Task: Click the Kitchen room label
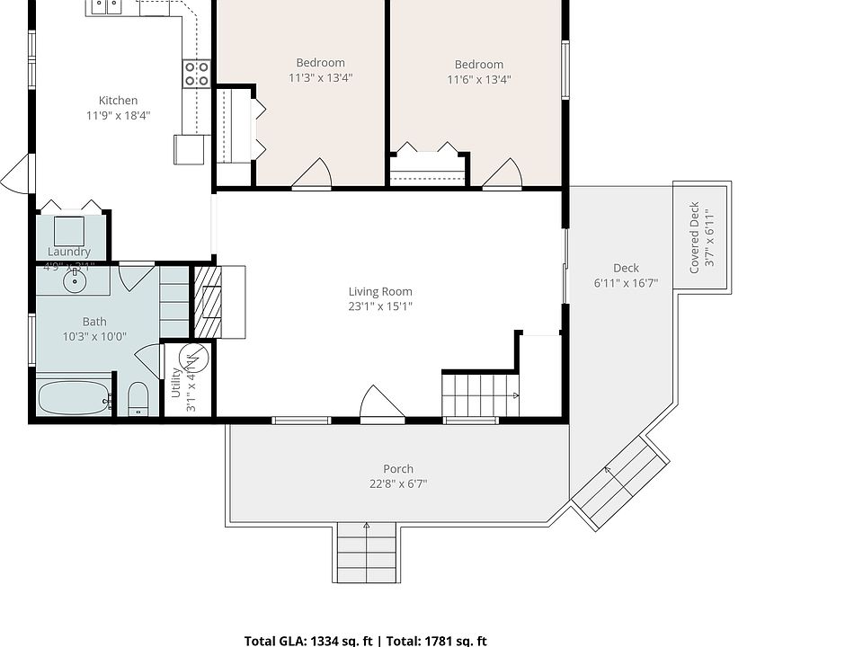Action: pyautogui.click(x=118, y=101)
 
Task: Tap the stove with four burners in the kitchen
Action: pyautogui.click(x=196, y=74)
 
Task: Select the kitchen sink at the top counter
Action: pyautogui.click(x=106, y=7)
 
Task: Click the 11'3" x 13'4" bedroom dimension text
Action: pyautogui.click(x=320, y=78)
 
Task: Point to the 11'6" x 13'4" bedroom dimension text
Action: pyautogui.click(x=478, y=80)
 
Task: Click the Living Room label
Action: pyautogui.click(x=380, y=291)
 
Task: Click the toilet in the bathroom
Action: pyautogui.click(x=138, y=398)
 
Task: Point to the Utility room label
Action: pyautogui.click(x=176, y=382)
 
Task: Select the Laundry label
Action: pyautogui.click(x=69, y=252)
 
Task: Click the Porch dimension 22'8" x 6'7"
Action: pyautogui.click(x=398, y=484)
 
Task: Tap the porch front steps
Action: pyautogui.click(x=366, y=552)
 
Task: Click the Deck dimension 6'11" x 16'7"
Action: pyautogui.click(x=626, y=283)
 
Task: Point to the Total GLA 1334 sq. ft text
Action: pyautogui.click(x=308, y=641)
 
